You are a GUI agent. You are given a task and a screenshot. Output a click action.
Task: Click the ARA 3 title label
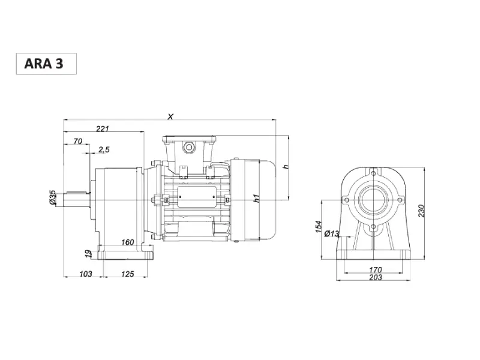pos(43,64)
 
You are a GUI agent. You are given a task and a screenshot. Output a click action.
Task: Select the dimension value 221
pos(103,128)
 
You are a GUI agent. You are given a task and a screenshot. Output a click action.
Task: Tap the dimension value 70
pos(78,141)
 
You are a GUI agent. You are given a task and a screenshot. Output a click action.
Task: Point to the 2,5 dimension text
pos(104,149)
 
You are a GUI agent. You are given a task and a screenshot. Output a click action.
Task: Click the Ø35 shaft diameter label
pos(52,197)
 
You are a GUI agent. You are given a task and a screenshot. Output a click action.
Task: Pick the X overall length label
pos(170,116)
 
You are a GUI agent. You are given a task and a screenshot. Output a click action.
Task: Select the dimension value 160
pos(127,242)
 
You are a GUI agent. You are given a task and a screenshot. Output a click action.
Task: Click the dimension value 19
pos(88,253)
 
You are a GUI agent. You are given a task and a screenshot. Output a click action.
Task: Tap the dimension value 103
pos(85,274)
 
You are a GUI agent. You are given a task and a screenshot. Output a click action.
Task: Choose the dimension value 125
pos(127,274)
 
